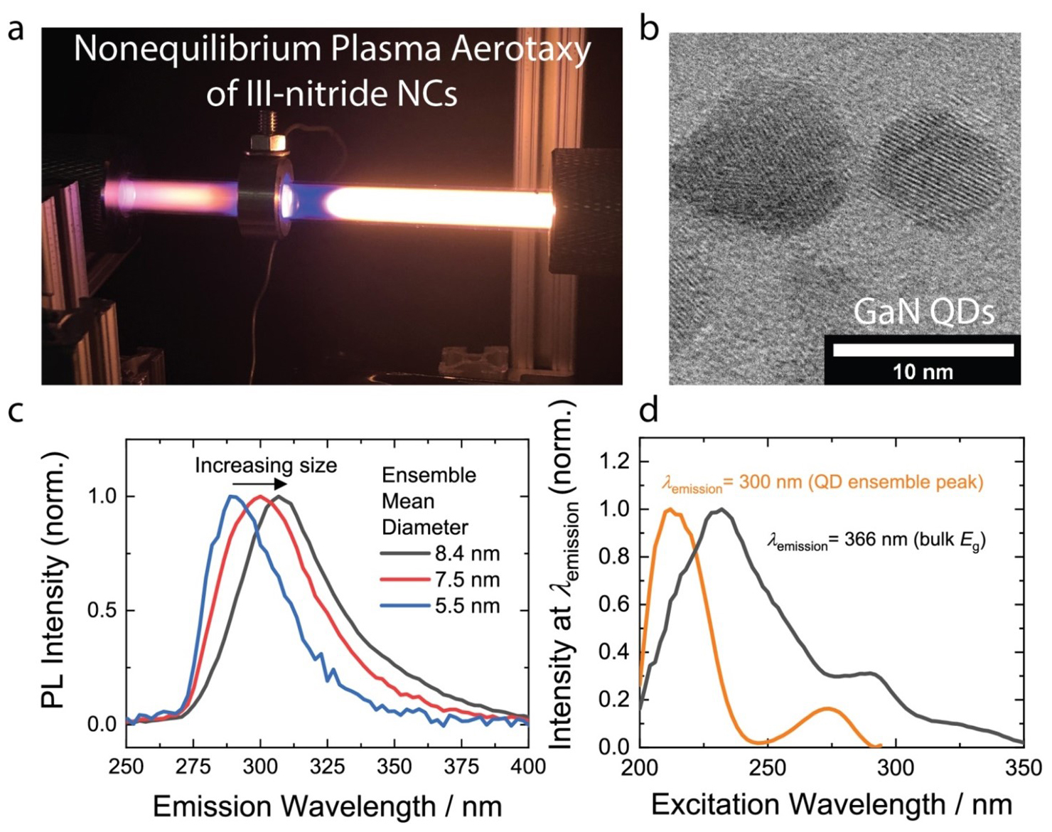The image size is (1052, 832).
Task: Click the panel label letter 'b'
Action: click(x=648, y=30)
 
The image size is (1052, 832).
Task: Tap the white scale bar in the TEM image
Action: click(x=923, y=350)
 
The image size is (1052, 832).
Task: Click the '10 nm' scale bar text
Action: click(x=923, y=371)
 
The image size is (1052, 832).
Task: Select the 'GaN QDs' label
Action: click(x=923, y=312)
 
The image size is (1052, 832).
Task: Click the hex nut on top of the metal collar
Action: click(x=268, y=142)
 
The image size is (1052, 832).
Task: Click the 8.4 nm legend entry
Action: click(x=441, y=553)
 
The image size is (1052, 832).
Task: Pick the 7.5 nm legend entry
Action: click(x=441, y=580)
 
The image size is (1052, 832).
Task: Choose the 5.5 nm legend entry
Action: click(x=441, y=606)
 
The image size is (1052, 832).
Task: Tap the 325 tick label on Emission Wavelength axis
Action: click(x=327, y=767)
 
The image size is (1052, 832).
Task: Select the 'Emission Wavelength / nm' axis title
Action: click(x=327, y=806)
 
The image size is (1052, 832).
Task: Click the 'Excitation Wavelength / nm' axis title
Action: click(x=831, y=804)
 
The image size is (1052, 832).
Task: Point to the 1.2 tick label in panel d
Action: click(x=613, y=462)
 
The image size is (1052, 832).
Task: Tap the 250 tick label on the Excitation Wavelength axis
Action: click(x=767, y=768)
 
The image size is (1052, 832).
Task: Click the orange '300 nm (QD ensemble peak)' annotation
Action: click(x=822, y=483)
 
